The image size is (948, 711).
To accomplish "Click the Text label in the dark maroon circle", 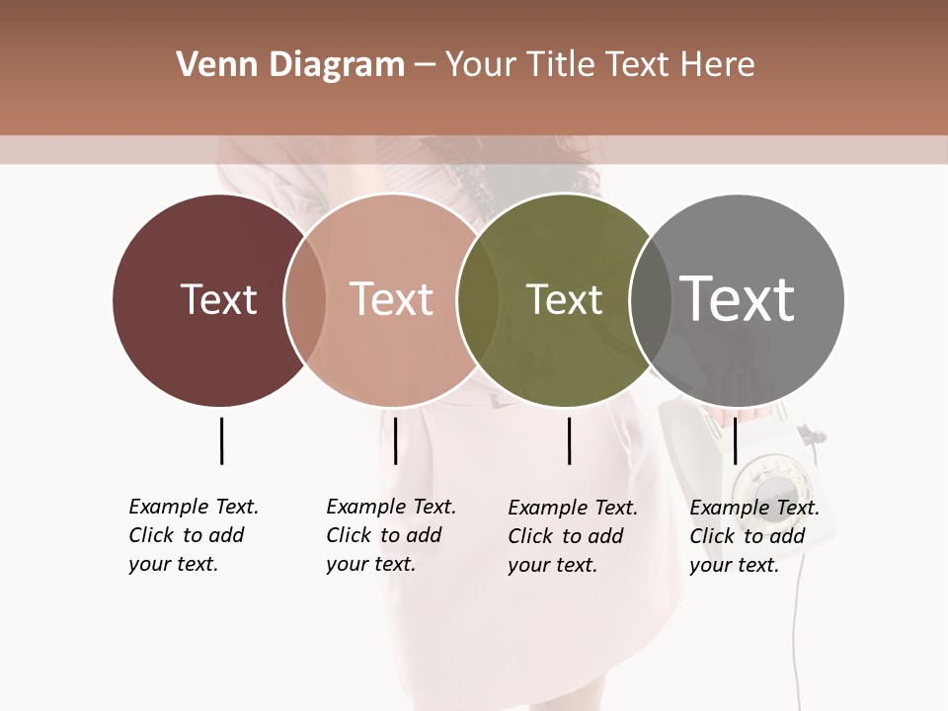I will click(x=218, y=299).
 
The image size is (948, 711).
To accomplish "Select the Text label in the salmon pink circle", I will click(x=391, y=299).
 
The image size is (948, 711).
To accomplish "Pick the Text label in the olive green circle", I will click(x=564, y=299).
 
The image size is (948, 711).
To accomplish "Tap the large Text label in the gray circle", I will click(x=738, y=298).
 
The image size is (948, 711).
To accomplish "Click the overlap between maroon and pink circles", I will click(x=305, y=299).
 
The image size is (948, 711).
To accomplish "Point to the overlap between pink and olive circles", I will click(x=478, y=299).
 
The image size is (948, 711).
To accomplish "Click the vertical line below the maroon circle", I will click(x=221, y=440).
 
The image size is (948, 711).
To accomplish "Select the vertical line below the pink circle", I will click(x=395, y=440).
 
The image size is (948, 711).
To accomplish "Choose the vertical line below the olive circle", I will click(x=570, y=440).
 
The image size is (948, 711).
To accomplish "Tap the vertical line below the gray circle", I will click(x=735, y=440).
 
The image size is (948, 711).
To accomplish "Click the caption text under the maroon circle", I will click(x=193, y=535).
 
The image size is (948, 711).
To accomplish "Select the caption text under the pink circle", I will click(x=390, y=535).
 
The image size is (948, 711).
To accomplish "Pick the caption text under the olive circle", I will click(x=572, y=536).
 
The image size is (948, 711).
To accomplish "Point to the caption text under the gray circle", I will click(x=753, y=536).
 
